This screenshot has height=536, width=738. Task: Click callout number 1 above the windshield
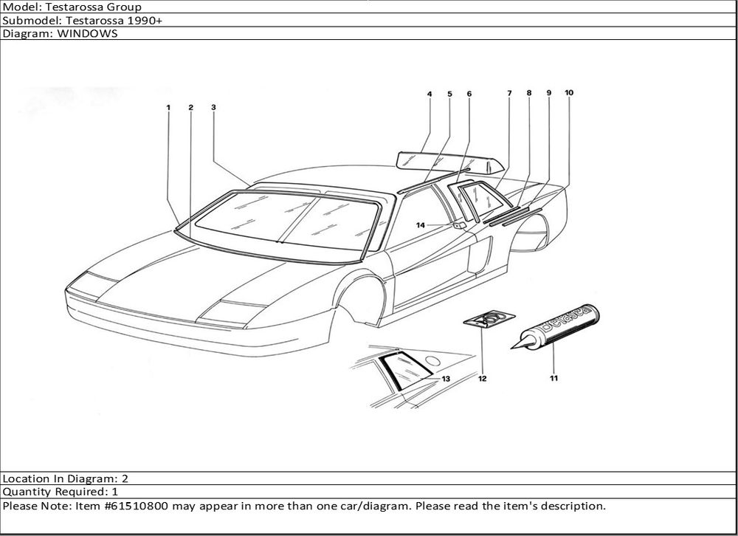[168, 108]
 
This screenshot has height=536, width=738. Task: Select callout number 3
[213, 107]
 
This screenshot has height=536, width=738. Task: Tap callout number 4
[429, 94]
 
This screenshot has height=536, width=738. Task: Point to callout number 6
[469, 94]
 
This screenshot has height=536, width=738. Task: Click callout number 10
[569, 93]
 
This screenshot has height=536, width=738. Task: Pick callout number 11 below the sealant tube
[553, 379]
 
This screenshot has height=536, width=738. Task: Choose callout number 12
[482, 379]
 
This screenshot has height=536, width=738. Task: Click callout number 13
[446, 377]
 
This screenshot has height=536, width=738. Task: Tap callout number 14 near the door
[421, 225]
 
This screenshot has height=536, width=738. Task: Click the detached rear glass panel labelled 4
[443, 158]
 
